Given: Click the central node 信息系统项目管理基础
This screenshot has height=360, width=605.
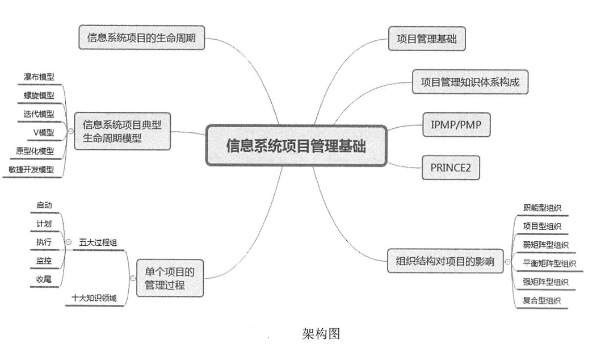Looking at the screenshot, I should click(296, 146).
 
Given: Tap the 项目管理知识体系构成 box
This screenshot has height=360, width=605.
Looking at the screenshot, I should click(470, 82).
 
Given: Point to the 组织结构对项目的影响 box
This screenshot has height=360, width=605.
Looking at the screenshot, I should click(445, 262).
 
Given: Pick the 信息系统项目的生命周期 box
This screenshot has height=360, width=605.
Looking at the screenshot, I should click(141, 37).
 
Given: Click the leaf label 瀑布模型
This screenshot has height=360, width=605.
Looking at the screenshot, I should click(39, 77).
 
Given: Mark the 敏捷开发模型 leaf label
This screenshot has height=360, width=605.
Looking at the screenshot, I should click(31, 169).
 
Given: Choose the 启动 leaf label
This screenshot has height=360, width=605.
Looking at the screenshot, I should click(44, 206).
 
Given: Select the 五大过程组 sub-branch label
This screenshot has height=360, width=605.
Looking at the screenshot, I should click(98, 242).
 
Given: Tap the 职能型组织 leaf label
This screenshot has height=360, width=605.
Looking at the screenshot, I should click(542, 208).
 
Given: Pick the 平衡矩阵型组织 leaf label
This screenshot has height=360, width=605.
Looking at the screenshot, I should click(549, 263).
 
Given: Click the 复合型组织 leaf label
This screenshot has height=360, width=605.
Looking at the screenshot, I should click(541, 300).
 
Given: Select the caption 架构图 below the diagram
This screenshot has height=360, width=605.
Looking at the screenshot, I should click(322, 334).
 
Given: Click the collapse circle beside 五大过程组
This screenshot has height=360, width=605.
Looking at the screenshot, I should click(68, 242).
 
